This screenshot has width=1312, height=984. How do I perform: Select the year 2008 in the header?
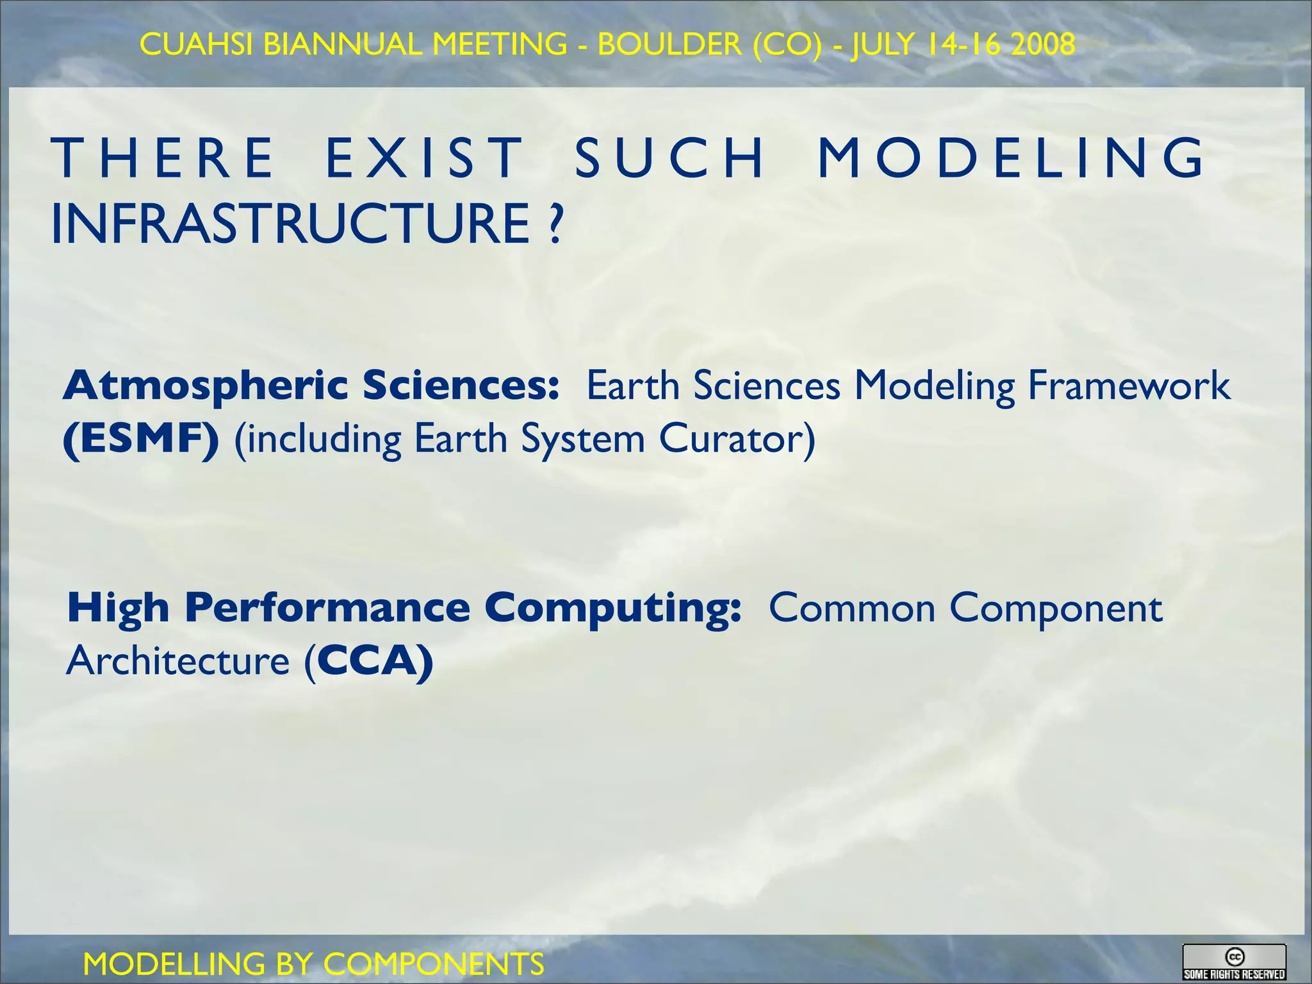pyautogui.click(x=1042, y=44)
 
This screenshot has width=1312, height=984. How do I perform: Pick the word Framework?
pyautogui.click(x=1129, y=386)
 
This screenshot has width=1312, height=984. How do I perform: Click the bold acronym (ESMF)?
pyautogui.click(x=141, y=439)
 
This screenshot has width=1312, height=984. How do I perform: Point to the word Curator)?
pyautogui.click(x=737, y=439)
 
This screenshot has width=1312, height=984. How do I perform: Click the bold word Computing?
pyautogui.click(x=612, y=609)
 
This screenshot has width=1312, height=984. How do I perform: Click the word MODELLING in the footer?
pyautogui.click(x=174, y=964)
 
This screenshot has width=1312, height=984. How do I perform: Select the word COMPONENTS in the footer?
pyautogui.click(x=434, y=964)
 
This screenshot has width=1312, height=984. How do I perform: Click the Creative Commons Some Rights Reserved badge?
pyautogui.click(x=1234, y=962)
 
